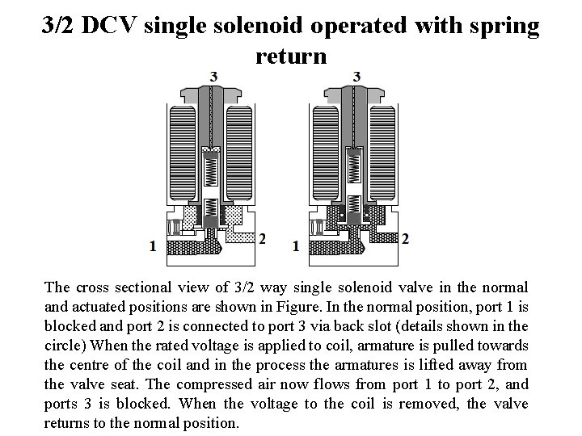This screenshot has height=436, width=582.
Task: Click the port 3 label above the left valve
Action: pos(213,76)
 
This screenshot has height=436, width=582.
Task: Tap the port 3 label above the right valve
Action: pos(356,76)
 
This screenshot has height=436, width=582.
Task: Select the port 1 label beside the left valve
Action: pos(153,245)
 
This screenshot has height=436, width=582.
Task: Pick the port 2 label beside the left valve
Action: pos(261,239)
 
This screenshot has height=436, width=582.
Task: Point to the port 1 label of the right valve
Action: pos(295,245)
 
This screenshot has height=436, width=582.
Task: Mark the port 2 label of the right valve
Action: pos(405,239)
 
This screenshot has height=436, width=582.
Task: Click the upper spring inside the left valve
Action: pos(213,170)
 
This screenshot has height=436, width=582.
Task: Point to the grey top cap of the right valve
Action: pos(356,94)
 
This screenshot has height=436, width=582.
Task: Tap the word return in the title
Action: pos(291,57)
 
